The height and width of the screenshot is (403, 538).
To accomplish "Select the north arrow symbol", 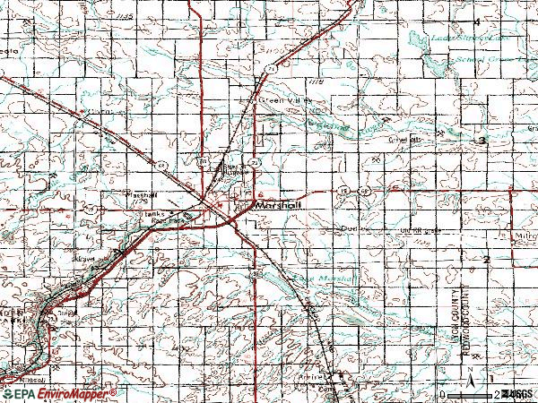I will tap(483, 373).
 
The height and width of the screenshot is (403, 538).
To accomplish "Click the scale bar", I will tap(475, 391).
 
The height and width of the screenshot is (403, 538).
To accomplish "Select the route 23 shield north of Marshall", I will tap(256, 163).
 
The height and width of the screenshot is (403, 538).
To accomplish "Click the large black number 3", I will tap(482, 141).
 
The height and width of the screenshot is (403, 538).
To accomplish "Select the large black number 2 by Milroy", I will tap(485, 258).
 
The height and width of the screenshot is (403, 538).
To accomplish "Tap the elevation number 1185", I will tap(135, 17).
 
